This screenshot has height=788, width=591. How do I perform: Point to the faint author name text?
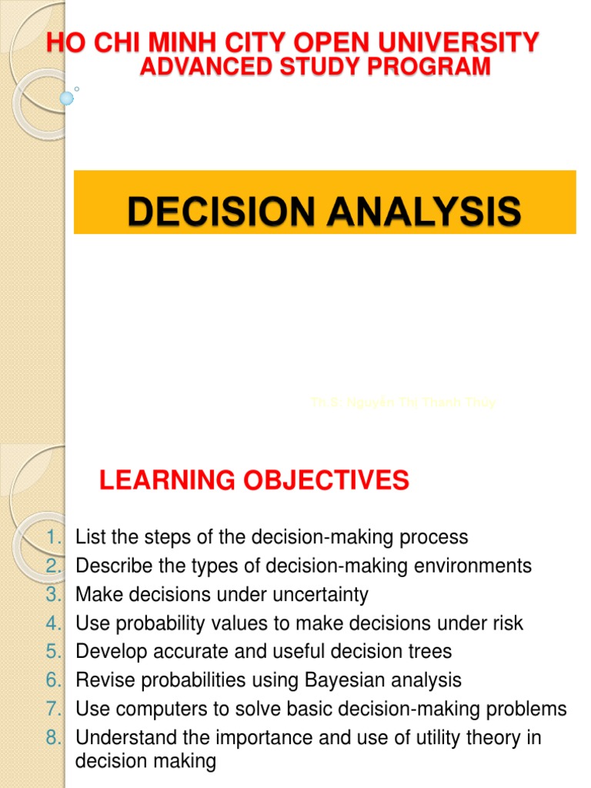point(402,402)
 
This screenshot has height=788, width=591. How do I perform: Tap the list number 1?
point(52,536)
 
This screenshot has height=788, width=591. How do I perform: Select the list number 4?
point(52,623)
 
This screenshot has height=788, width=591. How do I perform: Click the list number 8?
point(52,738)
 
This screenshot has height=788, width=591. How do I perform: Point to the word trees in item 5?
point(431,652)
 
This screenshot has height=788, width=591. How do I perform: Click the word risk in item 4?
point(509,623)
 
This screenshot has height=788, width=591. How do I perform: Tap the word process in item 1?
point(432,536)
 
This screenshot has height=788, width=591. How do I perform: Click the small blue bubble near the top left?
point(66,98)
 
